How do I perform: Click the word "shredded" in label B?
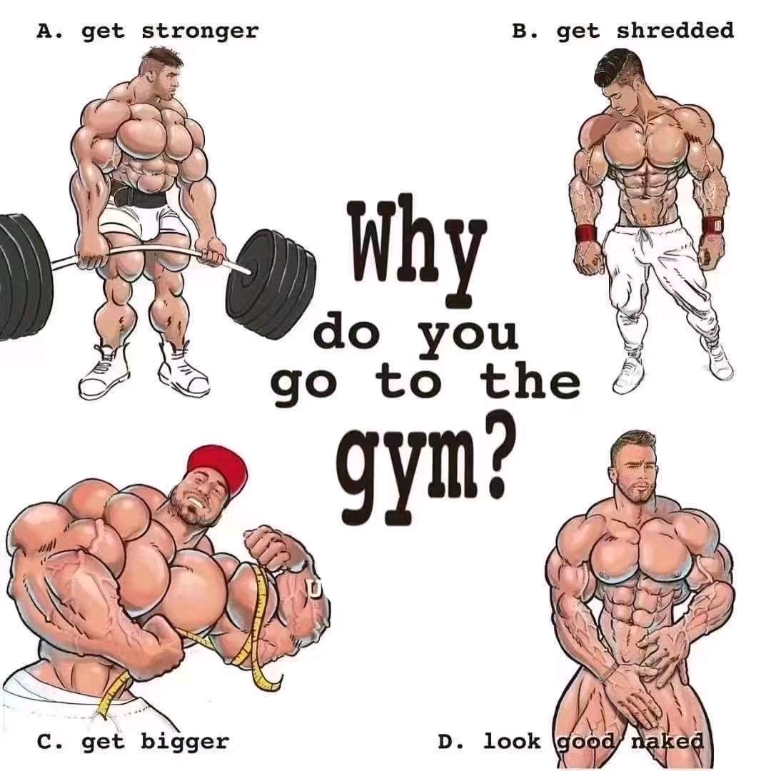point(675,31)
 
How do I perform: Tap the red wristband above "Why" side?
point(585,233)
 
